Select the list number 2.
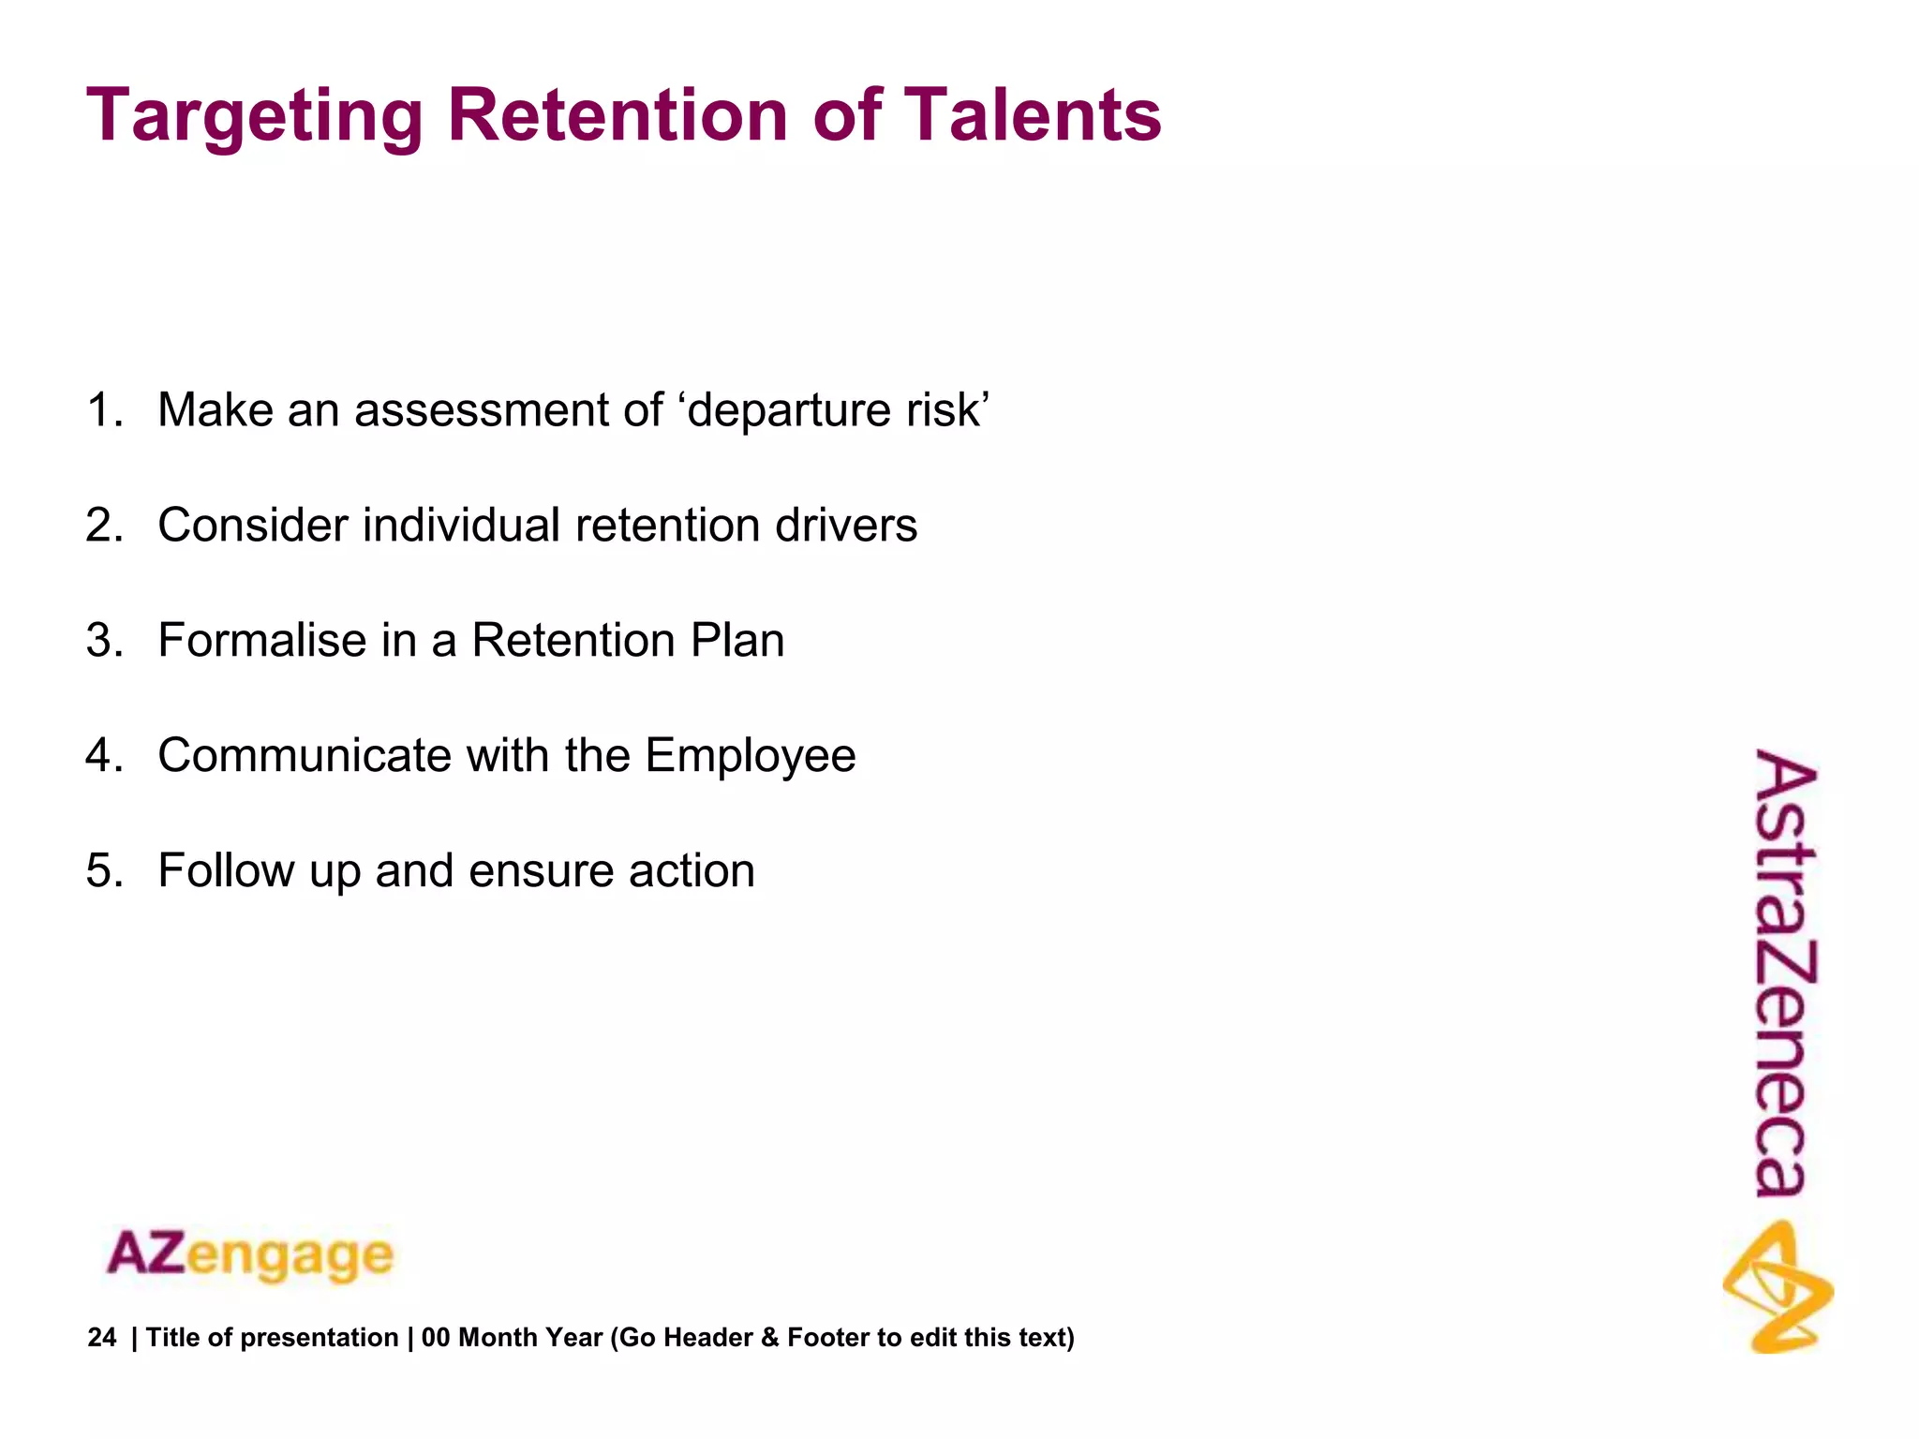tap(103, 526)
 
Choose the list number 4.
tap(103, 756)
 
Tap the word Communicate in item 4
tap(304, 756)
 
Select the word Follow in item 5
tap(226, 871)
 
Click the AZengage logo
tap(250, 1255)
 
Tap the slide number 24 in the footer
tap(102, 1338)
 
